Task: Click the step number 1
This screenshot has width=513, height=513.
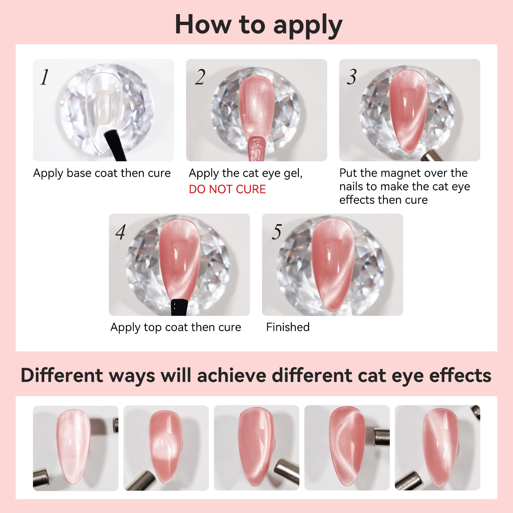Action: (x=45, y=77)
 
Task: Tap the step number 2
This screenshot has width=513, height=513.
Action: (x=200, y=77)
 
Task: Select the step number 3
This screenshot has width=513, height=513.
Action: (x=352, y=77)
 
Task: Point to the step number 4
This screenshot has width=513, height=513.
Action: (x=121, y=232)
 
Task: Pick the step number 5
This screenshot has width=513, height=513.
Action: (x=276, y=232)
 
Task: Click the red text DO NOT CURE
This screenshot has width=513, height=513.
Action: (x=227, y=189)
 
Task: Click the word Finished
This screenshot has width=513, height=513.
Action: (x=288, y=327)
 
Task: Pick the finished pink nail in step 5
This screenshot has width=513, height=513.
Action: (x=333, y=265)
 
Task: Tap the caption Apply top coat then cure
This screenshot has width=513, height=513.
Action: (x=176, y=327)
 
